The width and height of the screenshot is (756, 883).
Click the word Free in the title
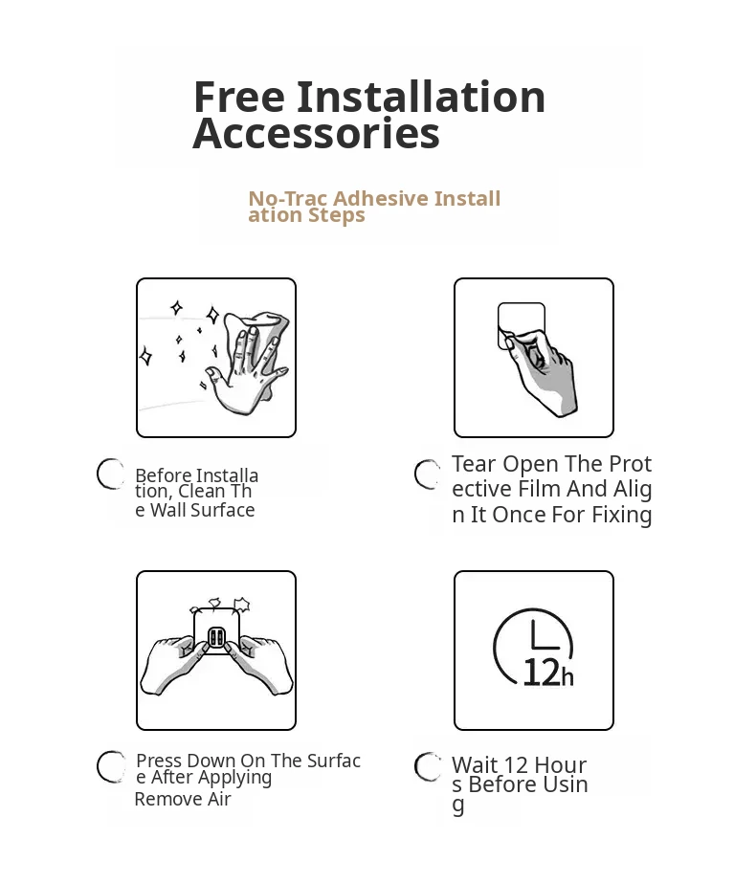(239, 97)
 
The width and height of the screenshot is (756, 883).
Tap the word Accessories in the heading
(316, 134)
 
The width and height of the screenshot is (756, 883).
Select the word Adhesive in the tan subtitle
(381, 198)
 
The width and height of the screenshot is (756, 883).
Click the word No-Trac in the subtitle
(287, 199)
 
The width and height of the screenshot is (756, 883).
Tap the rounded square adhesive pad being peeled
(522, 325)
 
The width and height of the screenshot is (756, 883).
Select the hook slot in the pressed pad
(216, 638)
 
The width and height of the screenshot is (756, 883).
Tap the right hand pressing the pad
(263, 666)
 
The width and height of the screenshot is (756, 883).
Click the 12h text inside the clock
(548, 673)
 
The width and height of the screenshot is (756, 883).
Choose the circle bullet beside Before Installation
(110, 474)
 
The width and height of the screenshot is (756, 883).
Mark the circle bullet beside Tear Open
(428, 475)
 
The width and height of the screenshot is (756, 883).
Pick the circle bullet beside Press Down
(110, 766)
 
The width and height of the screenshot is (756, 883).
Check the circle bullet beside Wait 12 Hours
(428, 766)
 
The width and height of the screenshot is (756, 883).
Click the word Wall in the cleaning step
(168, 510)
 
